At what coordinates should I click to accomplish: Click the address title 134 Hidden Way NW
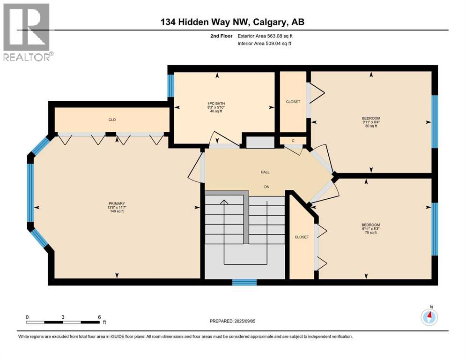pos(232,22)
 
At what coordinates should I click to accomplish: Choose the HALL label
pos(265,172)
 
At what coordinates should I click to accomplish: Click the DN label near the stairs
pos(266,187)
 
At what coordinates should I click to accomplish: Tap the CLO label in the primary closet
pos(112,120)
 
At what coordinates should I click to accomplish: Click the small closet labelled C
pos(293,141)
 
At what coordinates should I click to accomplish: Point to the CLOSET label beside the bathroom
pos(293,102)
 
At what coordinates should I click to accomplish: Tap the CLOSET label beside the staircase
pos(302,237)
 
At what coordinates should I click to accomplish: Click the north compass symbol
pos(429,317)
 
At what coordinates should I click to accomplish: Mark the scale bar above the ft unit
pos(63,322)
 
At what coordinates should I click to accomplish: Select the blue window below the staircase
pos(244,282)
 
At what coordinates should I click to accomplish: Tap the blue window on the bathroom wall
pos(171,85)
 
